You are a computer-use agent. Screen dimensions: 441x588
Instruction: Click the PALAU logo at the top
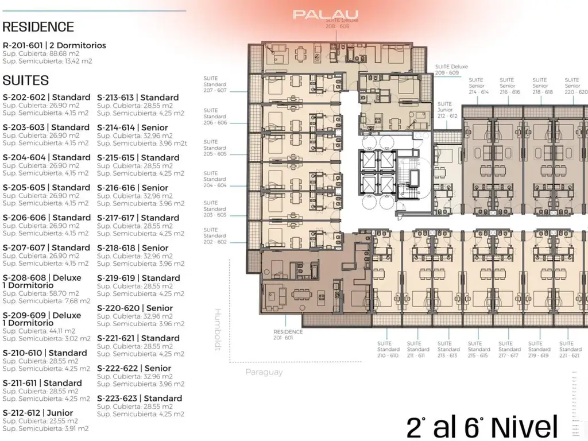tap(326, 14)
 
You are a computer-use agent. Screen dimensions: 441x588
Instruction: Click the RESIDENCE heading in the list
tap(38, 27)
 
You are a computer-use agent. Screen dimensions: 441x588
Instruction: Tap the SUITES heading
tap(25, 80)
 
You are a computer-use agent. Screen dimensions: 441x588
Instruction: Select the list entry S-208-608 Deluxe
tap(42, 278)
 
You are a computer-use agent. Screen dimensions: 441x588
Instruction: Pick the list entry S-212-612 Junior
tap(38, 413)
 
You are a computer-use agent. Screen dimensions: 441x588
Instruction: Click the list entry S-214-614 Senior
tap(133, 127)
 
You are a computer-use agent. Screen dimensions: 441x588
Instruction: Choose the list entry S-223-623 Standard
tap(140, 398)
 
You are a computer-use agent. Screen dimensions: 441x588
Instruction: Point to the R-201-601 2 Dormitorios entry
tap(54, 45)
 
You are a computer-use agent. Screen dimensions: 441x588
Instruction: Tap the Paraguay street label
tap(264, 372)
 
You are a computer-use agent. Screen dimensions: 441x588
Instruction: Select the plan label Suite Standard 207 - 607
tap(215, 84)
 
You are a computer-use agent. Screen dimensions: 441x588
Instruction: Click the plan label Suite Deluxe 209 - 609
tap(451, 70)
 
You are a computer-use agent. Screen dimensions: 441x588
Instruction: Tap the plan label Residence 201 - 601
tap(288, 334)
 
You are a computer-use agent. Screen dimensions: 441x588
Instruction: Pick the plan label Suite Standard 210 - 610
tap(388, 349)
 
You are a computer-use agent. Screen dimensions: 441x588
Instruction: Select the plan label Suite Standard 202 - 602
tap(215, 236)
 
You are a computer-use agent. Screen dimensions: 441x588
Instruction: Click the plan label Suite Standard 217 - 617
tap(509, 349)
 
